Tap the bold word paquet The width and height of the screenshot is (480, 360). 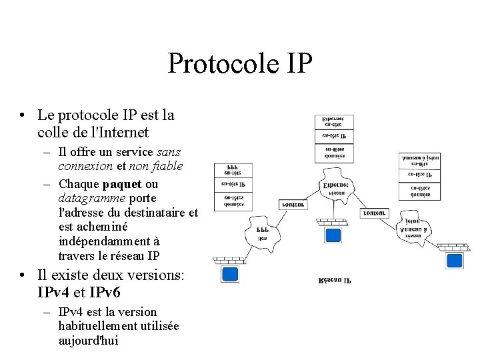pyautogui.click(x=122, y=184)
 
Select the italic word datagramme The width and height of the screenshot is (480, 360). pyautogui.click(x=91, y=198)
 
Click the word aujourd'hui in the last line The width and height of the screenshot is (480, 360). pyautogui.click(x=89, y=341)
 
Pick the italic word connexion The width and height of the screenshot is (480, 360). pyautogui.click(x=86, y=166)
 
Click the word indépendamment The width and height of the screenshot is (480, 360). pyautogui.click(x=109, y=241)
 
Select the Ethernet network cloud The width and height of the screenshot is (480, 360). pyautogui.click(x=332, y=189)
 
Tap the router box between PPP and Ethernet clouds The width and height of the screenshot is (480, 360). pyautogui.click(x=293, y=205)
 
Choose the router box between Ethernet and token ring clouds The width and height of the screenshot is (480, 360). pyautogui.click(x=375, y=213)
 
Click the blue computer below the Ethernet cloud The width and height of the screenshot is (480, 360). pyautogui.click(x=332, y=235)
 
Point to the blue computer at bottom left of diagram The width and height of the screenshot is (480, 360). pyautogui.click(x=230, y=274)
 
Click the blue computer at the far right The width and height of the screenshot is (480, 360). pyautogui.click(x=455, y=261)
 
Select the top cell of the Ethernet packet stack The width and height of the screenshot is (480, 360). pyautogui.click(x=334, y=122)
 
